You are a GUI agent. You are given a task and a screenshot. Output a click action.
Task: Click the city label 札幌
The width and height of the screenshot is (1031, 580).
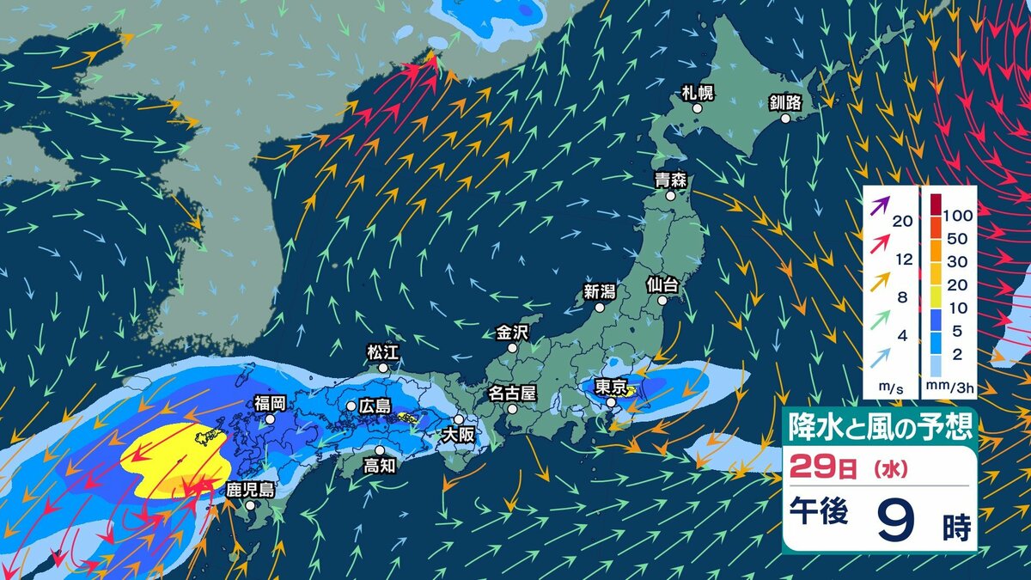(697, 92)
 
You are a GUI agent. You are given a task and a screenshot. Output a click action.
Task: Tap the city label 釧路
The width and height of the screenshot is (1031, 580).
(785, 103)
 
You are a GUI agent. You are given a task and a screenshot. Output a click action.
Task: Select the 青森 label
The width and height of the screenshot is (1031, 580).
(669, 180)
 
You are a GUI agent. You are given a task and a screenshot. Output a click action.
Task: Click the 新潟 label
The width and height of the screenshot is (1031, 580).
(600, 290)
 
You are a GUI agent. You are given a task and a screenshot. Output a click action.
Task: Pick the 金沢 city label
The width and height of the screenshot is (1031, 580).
(512, 332)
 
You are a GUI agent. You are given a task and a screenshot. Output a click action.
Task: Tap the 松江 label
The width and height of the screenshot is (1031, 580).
(383, 351)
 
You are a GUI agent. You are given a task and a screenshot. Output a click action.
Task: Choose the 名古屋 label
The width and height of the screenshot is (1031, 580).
(512, 394)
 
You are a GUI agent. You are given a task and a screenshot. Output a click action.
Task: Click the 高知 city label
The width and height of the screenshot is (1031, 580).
(379, 466)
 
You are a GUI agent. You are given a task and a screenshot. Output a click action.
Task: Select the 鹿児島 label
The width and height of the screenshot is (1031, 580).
(250, 490)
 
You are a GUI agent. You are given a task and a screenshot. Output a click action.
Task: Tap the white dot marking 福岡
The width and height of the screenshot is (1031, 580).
(270, 419)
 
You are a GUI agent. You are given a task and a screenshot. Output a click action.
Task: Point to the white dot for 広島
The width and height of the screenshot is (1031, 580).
(351, 406)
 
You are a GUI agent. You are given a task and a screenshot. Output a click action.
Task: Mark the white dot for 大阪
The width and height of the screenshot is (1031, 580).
(459, 420)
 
